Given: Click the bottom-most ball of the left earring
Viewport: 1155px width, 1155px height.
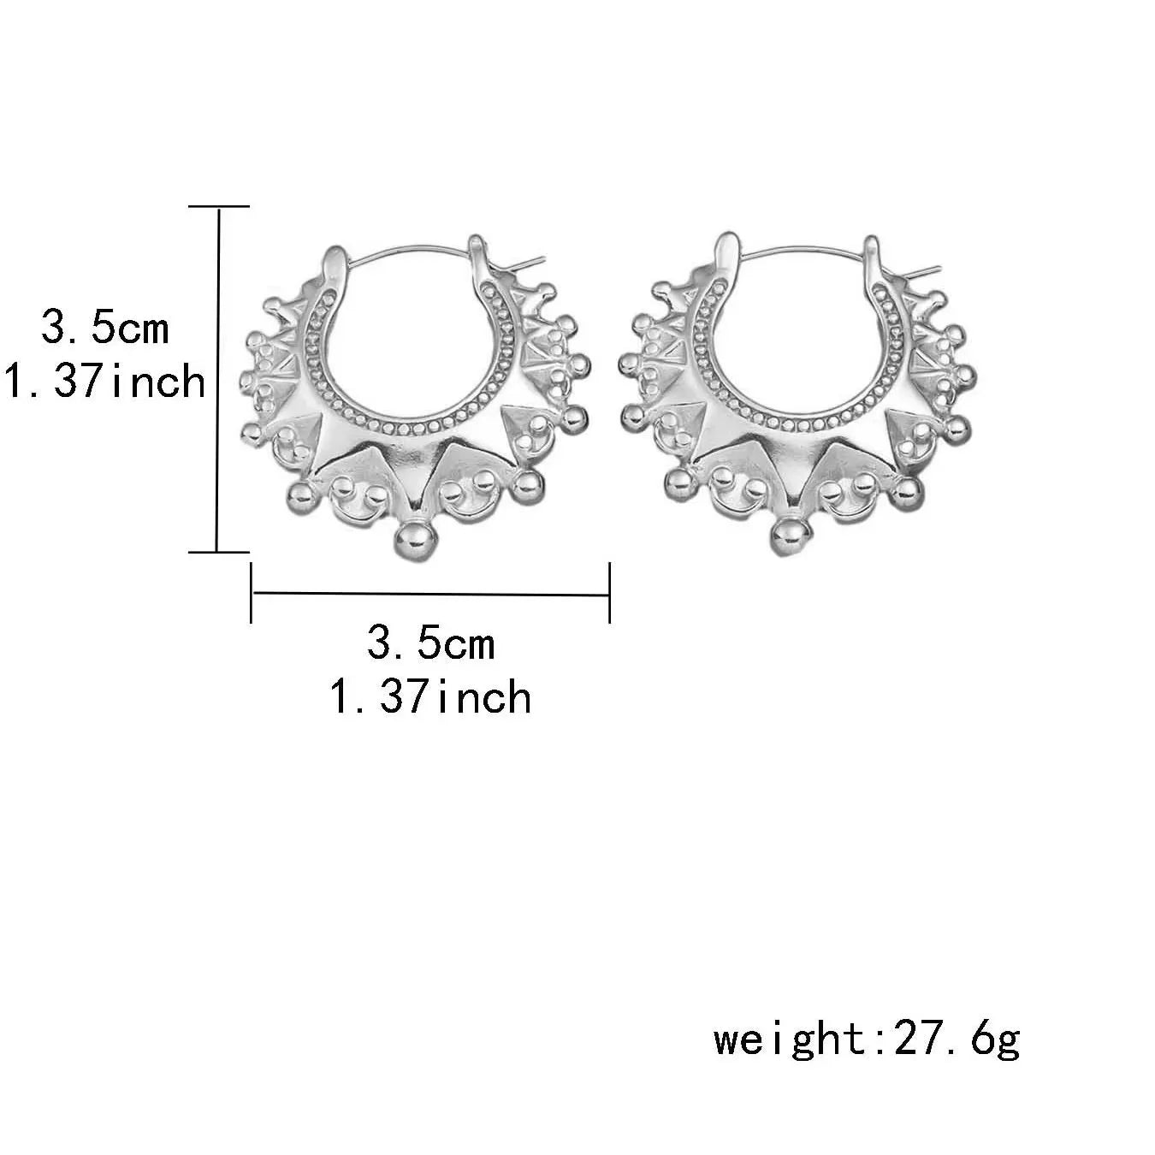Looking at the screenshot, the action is click(413, 542).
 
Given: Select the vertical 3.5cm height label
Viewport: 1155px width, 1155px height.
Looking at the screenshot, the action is click(105, 329).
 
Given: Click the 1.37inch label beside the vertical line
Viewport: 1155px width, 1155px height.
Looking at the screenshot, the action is click(105, 382).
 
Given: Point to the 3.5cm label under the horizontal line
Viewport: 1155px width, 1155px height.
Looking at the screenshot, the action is click(431, 644).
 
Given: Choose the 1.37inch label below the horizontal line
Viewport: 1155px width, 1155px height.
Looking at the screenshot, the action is click(431, 697).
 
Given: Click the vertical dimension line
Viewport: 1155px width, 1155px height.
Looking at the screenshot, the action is click(218, 379).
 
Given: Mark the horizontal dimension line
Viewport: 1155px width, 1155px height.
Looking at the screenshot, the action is click(431, 594).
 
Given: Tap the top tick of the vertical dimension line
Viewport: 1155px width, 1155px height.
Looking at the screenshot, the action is click(218, 206).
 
